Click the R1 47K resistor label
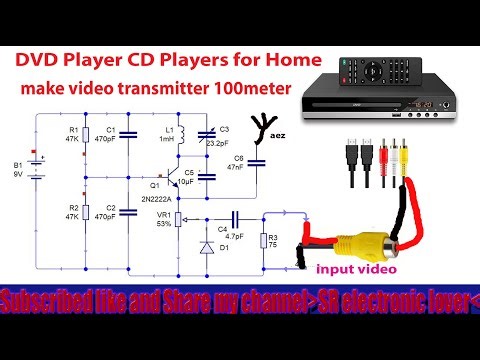click(71, 134)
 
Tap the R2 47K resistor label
click(71, 212)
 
